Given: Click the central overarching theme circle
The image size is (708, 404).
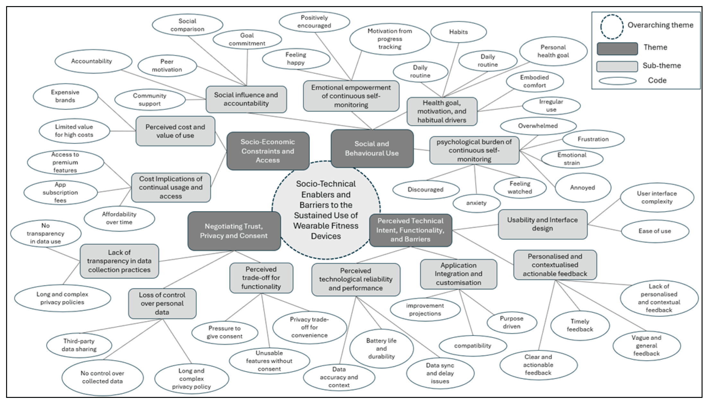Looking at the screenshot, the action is pyautogui.click(x=326, y=210).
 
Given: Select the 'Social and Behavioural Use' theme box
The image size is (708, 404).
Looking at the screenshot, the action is pyautogui.click(x=372, y=148).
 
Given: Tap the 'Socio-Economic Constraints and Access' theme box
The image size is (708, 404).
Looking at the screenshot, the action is pyautogui.click(x=268, y=151).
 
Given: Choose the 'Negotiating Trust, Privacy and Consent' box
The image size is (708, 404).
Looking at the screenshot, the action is pyautogui.click(x=234, y=231).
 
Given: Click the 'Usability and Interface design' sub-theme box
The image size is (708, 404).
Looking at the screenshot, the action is pyautogui.click(x=543, y=224).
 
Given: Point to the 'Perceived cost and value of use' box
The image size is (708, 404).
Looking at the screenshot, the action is pyautogui.click(x=175, y=131).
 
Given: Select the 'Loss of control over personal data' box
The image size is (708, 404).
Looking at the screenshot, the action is pyautogui.click(x=162, y=303).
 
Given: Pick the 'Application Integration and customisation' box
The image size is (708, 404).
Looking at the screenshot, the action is pyautogui.click(x=459, y=274).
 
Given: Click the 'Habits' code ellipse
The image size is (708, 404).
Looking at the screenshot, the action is pyautogui.click(x=459, y=32).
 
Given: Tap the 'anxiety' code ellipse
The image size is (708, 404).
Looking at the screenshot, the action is pyautogui.click(x=476, y=203).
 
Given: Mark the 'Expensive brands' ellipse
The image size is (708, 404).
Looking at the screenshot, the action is pyautogui.click(x=65, y=96).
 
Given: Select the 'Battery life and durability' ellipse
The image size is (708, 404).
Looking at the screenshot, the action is pyautogui.click(x=381, y=348).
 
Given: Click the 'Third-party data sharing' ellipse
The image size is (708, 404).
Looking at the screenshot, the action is pyautogui.click(x=79, y=345).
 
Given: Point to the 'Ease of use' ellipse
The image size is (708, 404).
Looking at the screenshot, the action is pyautogui.click(x=655, y=231).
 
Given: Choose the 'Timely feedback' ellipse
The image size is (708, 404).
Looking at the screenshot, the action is pyautogui.click(x=580, y=325).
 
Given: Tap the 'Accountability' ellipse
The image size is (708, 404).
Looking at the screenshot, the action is pyautogui.click(x=92, y=61).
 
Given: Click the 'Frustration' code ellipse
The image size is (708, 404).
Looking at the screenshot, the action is pyautogui.click(x=593, y=139).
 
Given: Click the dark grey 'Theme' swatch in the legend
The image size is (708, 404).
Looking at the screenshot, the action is pyautogui.click(x=617, y=49).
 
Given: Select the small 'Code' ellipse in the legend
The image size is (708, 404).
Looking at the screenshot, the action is pyautogui.click(x=617, y=81).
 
